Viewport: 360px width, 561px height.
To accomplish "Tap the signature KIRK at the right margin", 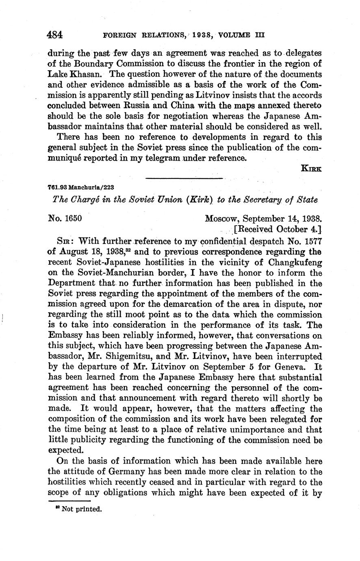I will click(x=311, y=168).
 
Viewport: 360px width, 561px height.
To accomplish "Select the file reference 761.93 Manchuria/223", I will click(x=80, y=187).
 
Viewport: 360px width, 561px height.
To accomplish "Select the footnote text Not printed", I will click(x=81, y=509).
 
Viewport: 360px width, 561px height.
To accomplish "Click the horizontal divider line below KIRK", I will click(x=184, y=178).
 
